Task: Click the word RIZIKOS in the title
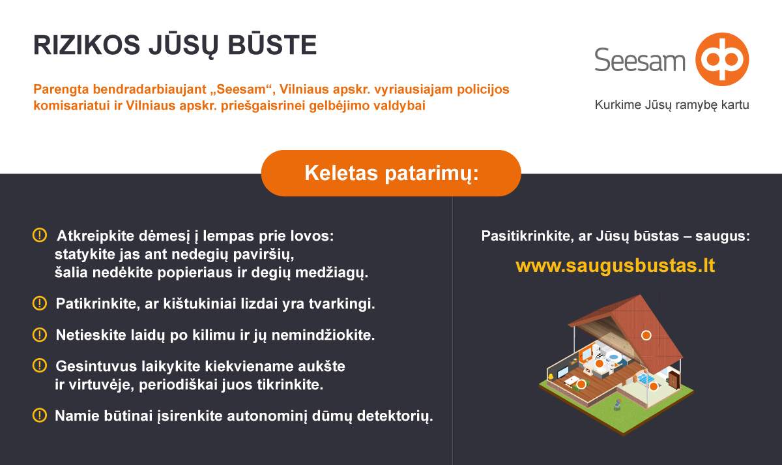click(x=87, y=45)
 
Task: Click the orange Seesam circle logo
click(x=722, y=59)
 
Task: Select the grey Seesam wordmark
click(x=639, y=60)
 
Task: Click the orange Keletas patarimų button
click(x=391, y=173)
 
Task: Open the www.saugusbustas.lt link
click(x=615, y=265)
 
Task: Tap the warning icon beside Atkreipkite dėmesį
click(x=40, y=235)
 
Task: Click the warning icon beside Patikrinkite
click(x=40, y=303)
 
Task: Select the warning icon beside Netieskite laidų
click(x=40, y=335)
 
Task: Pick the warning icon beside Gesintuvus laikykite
click(x=40, y=366)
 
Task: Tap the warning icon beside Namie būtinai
click(x=40, y=415)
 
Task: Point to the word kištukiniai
click(x=199, y=304)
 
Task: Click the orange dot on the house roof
click(x=646, y=335)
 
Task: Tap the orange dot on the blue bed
click(x=653, y=386)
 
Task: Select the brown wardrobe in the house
click(x=674, y=380)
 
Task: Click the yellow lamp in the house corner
click(x=551, y=377)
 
